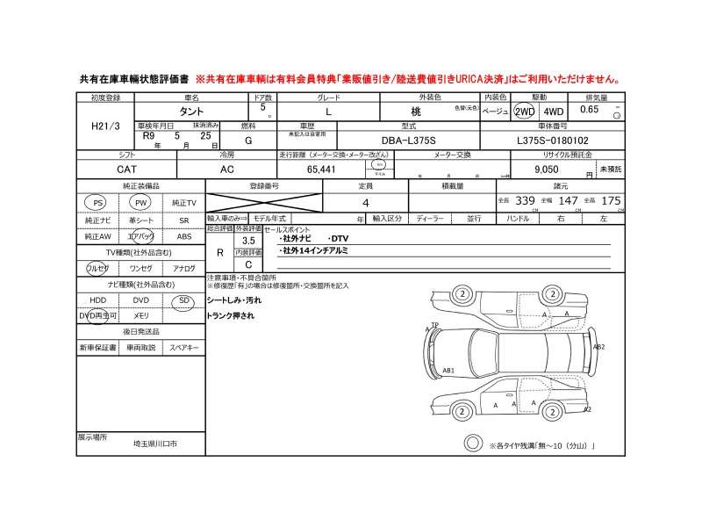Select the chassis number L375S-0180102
(565, 140)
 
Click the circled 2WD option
(525, 112)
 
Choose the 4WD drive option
(554, 112)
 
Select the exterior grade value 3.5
(248, 239)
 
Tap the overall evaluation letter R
(219, 251)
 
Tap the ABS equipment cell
(184, 237)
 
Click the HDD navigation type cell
(97, 300)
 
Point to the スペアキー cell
(184, 348)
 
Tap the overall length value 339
(525, 201)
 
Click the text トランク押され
(230, 315)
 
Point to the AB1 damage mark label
(448, 370)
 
